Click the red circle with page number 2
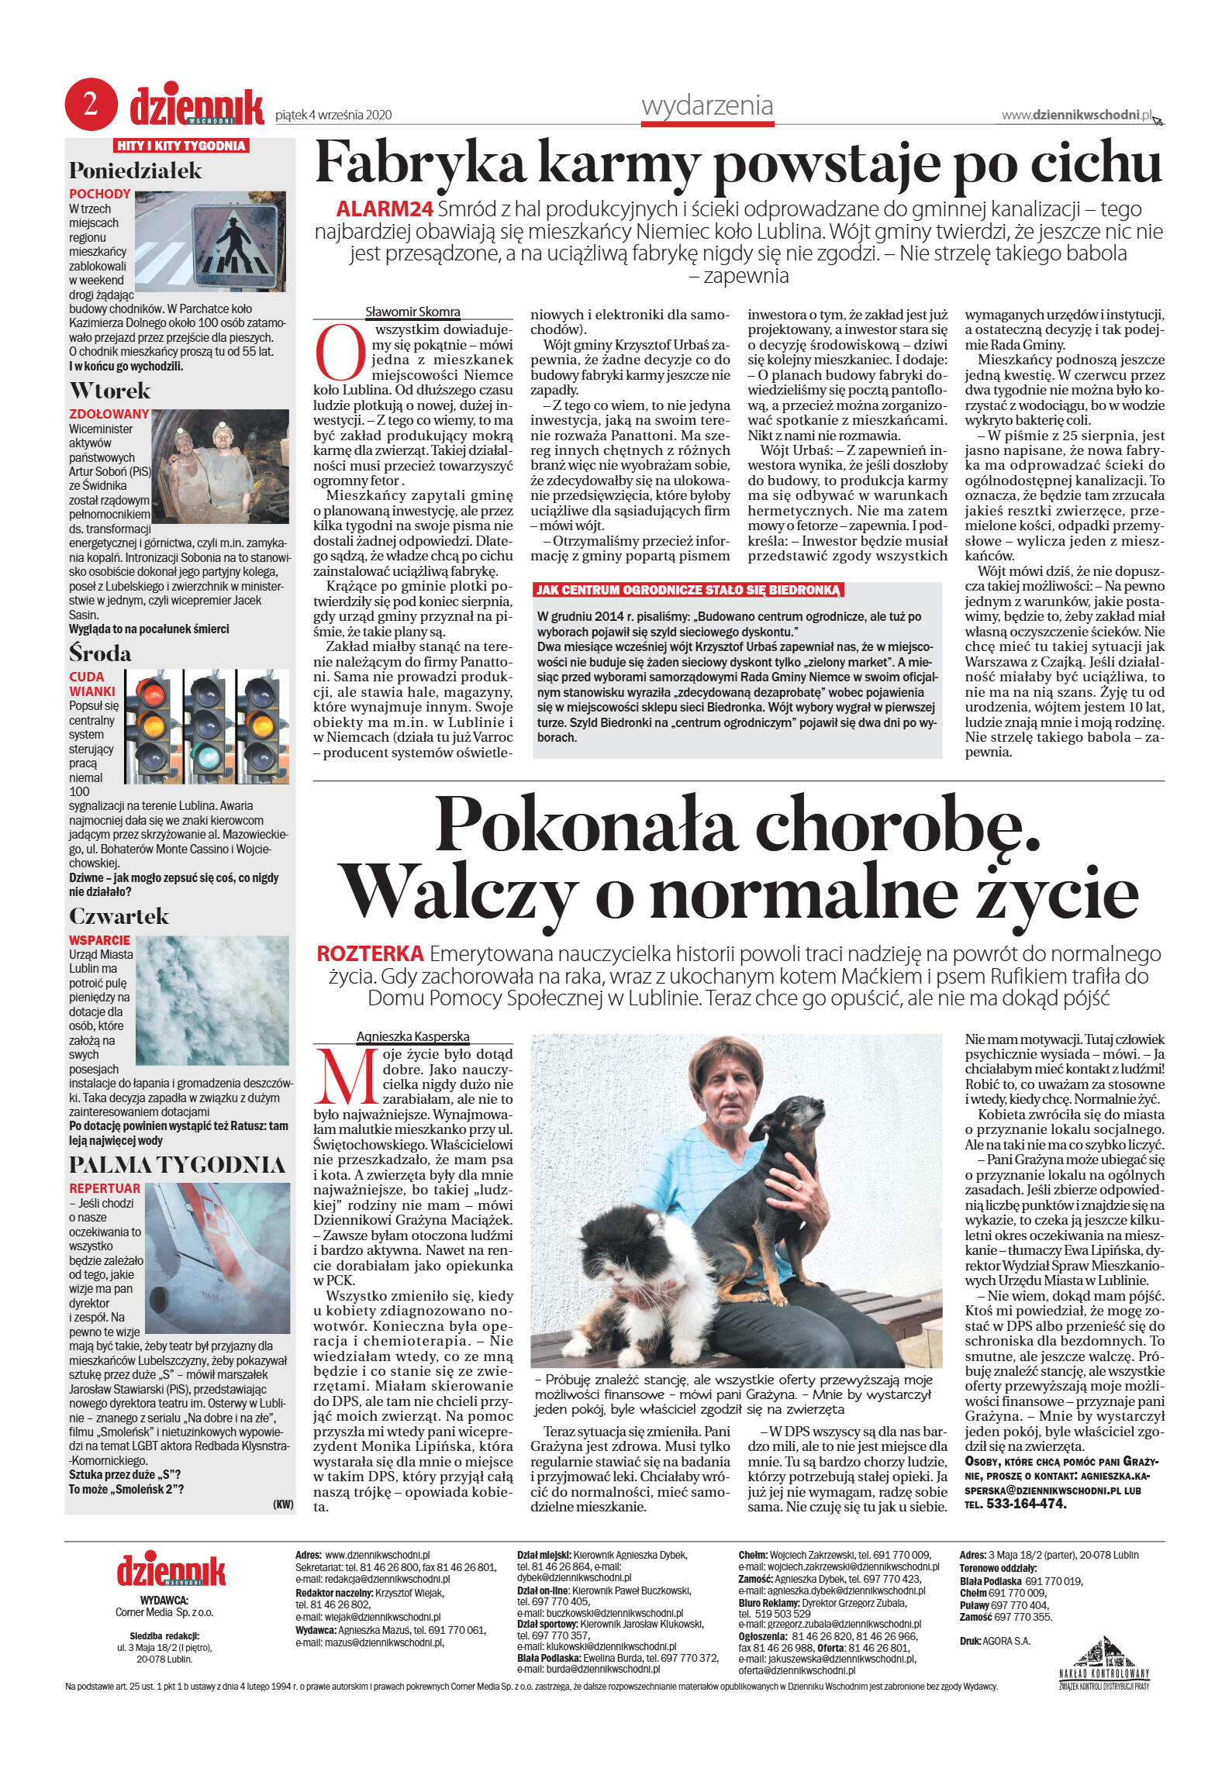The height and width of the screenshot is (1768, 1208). click(x=91, y=104)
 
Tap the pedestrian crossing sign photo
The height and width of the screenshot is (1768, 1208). click(x=210, y=240)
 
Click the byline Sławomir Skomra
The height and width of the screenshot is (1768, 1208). click(x=412, y=312)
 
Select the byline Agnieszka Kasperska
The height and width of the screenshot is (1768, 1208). click(x=412, y=1036)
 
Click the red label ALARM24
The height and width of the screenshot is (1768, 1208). click(x=384, y=209)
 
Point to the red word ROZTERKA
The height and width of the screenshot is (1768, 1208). click(x=370, y=953)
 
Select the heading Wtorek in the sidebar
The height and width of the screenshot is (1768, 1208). click(x=110, y=390)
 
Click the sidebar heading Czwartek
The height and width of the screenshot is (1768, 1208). click(x=119, y=915)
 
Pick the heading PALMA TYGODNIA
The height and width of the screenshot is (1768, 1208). click(x=178, y=1164)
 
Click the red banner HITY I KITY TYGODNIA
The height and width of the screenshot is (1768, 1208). click(x=181, y=146)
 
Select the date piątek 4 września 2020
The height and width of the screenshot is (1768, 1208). click(x=333, y=115)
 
